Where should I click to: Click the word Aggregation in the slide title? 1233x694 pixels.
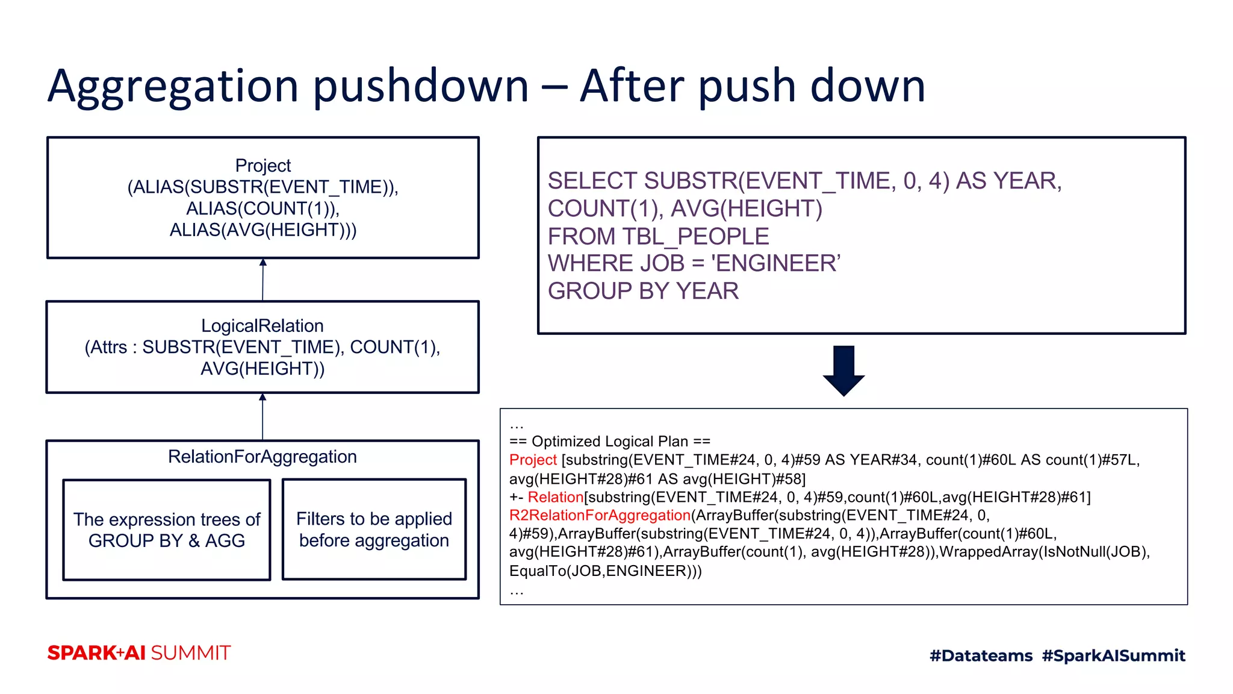point(173,86)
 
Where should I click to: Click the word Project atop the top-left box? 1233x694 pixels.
point(263,165)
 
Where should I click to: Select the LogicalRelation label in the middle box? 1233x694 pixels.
point(262,326)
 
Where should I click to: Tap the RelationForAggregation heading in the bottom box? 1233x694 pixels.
point(262,457)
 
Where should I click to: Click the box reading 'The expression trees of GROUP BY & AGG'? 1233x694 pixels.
point(167,530)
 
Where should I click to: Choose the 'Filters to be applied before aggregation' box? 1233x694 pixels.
point(374,530)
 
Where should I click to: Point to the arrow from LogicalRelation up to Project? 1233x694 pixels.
point(262,280)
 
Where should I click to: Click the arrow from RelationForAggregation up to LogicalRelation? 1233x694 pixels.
point(262,416)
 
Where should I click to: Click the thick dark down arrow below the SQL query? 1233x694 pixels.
point(843,370)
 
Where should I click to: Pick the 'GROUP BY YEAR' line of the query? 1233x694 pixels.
point(643,291)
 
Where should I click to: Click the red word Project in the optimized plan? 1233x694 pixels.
point(533,460)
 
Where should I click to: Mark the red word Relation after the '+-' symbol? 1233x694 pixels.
point(555,497)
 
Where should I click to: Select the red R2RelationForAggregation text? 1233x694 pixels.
point(600,515)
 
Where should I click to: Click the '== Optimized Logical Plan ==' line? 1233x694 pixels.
point(609,441)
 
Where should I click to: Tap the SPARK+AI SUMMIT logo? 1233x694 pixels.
point(139,653)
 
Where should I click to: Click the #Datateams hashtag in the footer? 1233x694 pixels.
point(981,655)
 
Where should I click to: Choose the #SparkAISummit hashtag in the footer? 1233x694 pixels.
point(1113,655)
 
